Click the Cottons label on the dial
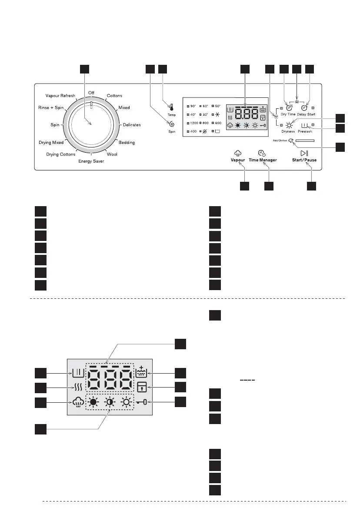[114, 96]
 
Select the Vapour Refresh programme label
[60, 96]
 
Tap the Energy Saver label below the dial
[91, 161]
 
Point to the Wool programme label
[112, 154]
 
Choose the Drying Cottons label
[61, 154]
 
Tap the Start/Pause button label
[304, 160]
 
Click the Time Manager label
[263, 160]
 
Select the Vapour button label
[237, 160]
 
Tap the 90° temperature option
[193, 106]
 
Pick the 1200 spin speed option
[194, 123]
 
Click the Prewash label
[305, 131]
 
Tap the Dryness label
[288, 131]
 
